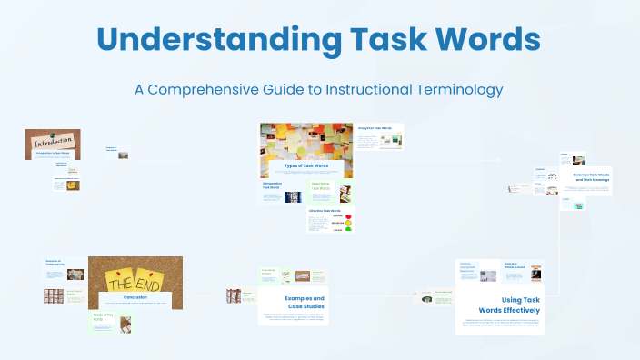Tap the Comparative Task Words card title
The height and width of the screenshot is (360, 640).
point(276,185)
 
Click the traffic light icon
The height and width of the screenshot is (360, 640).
point(348,222)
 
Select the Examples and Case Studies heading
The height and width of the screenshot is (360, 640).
point(294,302)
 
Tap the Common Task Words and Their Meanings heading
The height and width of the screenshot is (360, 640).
point(591,176)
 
